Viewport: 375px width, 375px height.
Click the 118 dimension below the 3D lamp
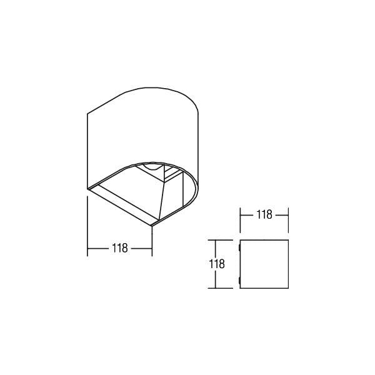pyautogui.click(x=120, y=248)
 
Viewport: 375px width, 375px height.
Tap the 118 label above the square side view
pyautogui.click(x=264, y=215)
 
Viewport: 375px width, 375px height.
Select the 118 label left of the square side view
pyautogui.click(x=217, y=264)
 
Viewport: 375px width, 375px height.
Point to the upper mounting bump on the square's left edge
pyautogui.click(x=239, y=247)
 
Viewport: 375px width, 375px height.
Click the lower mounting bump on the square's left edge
pyautogui.click(x=239, y=281)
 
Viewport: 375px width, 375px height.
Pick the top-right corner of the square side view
pyautogui.click(x=288, y=240)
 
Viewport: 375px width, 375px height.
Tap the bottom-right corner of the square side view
pyautogui.click(x=288, y=288)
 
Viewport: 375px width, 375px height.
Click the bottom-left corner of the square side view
pyautogui.click(x=240, y=288)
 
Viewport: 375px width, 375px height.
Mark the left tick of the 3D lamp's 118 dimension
pyautogui.click(x=87, y=249)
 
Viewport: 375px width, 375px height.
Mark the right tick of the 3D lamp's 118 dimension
pyautogui.click(x=152, y=249)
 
